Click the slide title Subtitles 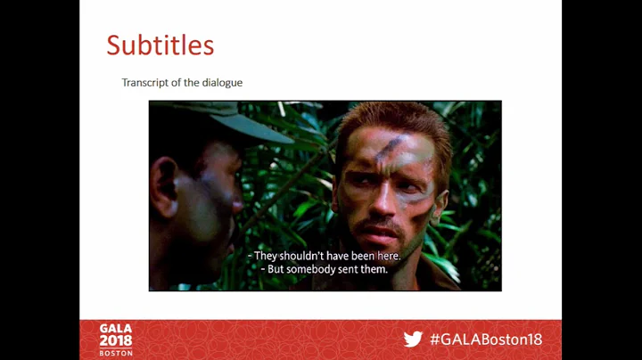point(160,45)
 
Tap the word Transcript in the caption point(144,83)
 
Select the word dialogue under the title point(222,83)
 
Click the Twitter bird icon point(413,340)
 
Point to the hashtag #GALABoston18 point(485,340)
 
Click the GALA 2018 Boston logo point(116,340)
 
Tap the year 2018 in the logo point(116,340)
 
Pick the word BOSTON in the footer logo point(116,353)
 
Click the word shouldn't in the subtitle point(308,256)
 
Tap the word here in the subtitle point(388,256)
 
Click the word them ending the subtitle point(374,269)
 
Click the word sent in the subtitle point(348,269)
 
